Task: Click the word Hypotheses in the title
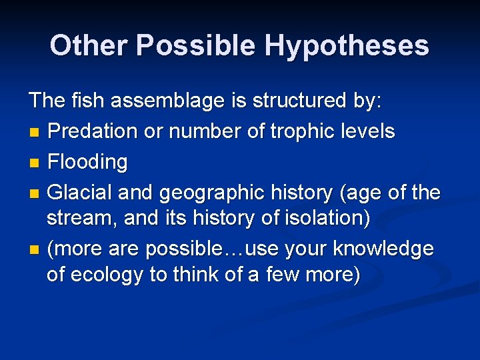point(346,46)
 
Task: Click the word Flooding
point(87,162)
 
